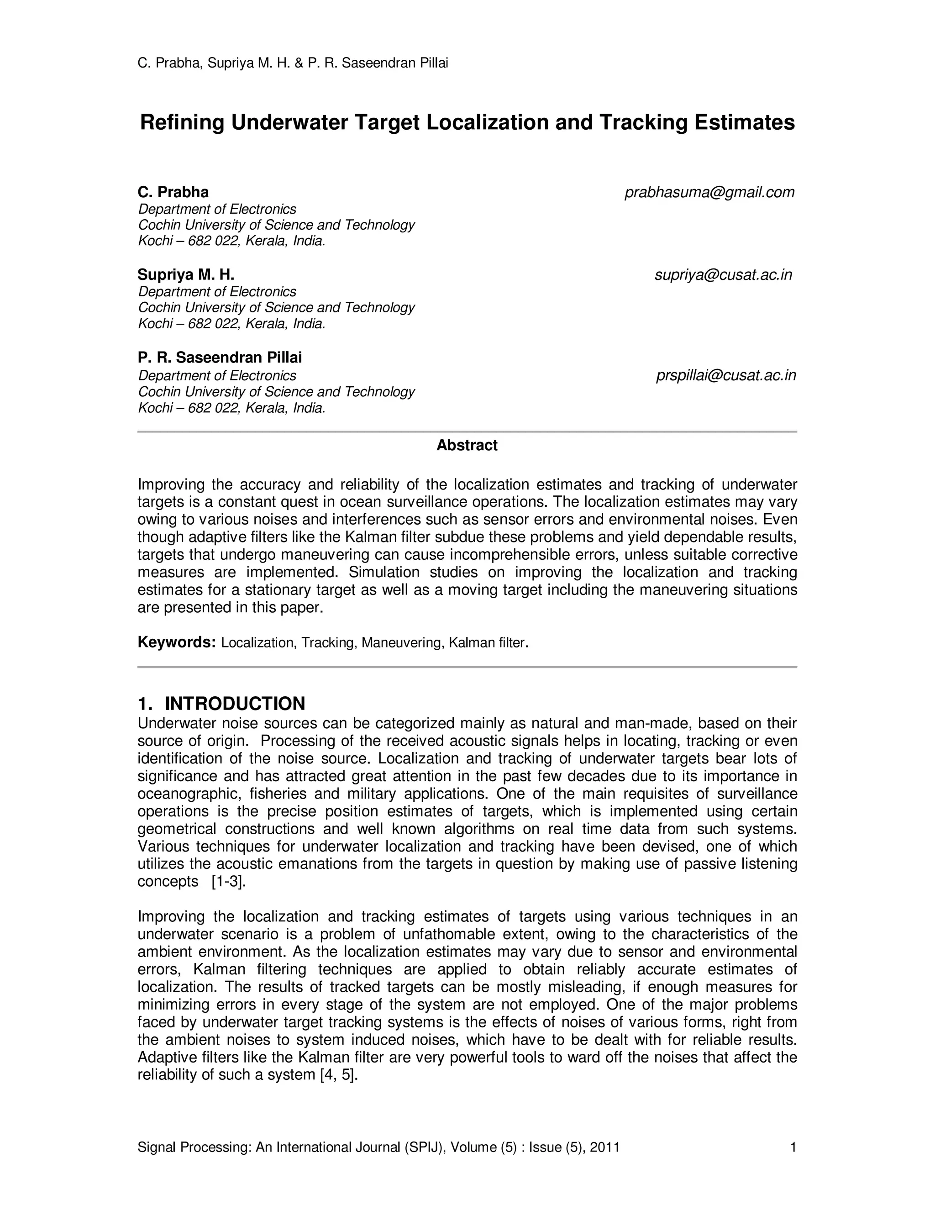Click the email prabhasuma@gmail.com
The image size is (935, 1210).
tap(709, 192)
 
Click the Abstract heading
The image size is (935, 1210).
tap(467, 446)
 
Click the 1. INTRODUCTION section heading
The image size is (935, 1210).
tap(221, 704)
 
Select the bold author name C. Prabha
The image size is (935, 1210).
tap(173, 192)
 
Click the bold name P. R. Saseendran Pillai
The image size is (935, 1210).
tap(220, 358)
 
